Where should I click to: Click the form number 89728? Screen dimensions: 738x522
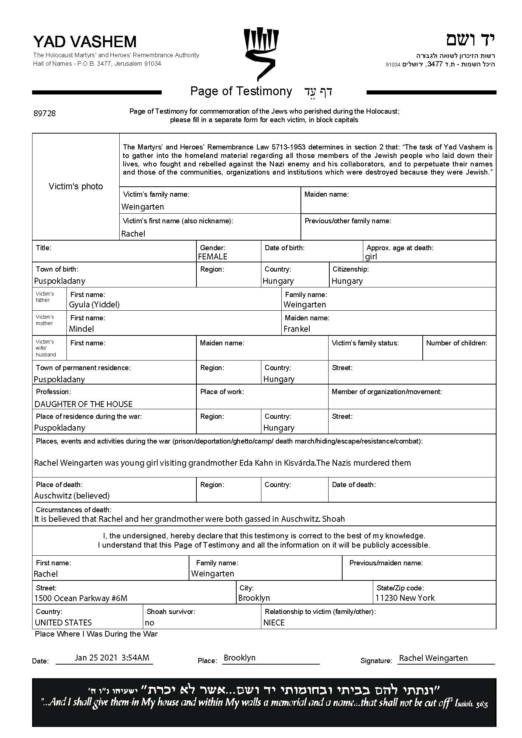[x=45, y=113]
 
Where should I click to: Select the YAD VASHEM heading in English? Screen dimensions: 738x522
[x=85, y=42]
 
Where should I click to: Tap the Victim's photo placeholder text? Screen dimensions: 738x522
[x=76, y=186]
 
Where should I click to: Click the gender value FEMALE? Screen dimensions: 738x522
[x=213, y=256]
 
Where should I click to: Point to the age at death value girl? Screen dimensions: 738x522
[x=371, y=256]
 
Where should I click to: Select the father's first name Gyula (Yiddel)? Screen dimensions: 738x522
[x=94, y=304]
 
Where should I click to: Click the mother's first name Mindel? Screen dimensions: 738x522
[x=81, y=329]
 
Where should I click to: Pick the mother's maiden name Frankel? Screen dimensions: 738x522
[x=297, y=329]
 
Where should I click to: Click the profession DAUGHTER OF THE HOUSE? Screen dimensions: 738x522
[x=83, y=404]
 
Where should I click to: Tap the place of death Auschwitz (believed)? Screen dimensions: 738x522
[x=72, y=496]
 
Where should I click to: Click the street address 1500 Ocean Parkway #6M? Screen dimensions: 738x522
[x=81, y=598]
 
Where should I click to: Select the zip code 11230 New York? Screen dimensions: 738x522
[x=405, y=598]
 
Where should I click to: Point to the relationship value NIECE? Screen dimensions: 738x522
[x=274, y=623]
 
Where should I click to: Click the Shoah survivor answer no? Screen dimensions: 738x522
[x=150, y=623]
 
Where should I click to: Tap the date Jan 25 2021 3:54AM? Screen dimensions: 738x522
[x=112, y=658]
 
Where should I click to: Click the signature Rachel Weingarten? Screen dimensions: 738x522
[x=433, y=658]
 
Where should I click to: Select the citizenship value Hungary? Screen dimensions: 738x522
[x=347, y=281]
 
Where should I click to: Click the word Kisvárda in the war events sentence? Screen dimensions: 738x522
[x=299, y=463]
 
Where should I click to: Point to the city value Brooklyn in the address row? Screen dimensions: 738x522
[x=254, y=598]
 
